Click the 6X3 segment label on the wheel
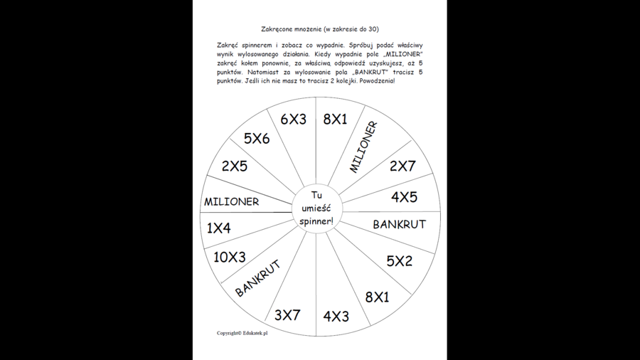pyautogui.click(x=293, y=120)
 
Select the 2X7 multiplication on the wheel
pyautogui.click(x=402, y=166)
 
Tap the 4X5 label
pyautogui.click(x=404, y=197)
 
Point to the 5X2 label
pyautogui.click(x=399, y=261)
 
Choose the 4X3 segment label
pyautogui.click(x=336, y=317)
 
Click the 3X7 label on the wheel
pyautogui.click(x=287, y=314)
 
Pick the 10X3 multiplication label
pyautogui.click(x=230, y=257)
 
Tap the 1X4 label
pyautogui.click(x=219, y=228)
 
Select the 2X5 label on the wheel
pyautogui.click(x=234, y=166)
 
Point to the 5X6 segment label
pyautogui.click(x=257, y=139)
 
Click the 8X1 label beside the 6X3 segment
pyautogui.click(x=335, y=120)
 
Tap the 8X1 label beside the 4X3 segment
pyautogui.click(x=377, y=297)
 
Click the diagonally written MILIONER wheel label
pyautogui.click(x=363, y=147)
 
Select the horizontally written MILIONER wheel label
pyautogui.click(x=232, y=202)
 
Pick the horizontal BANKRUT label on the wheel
pyautogui.click(x=399, y=224)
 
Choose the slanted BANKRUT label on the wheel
pyautogui.click(x=257, y=278)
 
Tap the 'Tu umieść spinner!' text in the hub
pyautogui.click(x=316, y=208)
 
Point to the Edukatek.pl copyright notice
pyautogui.click(x=242, y=333)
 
